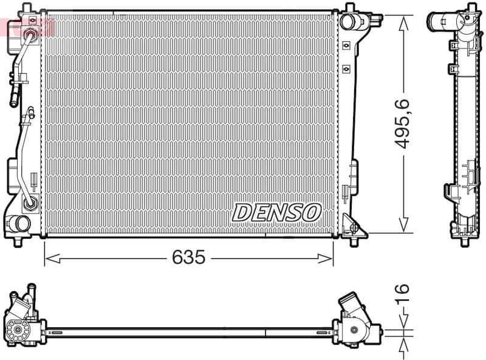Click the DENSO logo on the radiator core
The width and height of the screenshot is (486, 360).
276,212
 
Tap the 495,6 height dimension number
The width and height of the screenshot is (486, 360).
403,125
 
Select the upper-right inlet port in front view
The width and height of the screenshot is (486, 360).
349,21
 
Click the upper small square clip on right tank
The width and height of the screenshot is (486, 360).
346,46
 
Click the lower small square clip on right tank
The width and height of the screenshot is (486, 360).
346,67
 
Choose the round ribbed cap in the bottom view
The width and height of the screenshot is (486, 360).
18,330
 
